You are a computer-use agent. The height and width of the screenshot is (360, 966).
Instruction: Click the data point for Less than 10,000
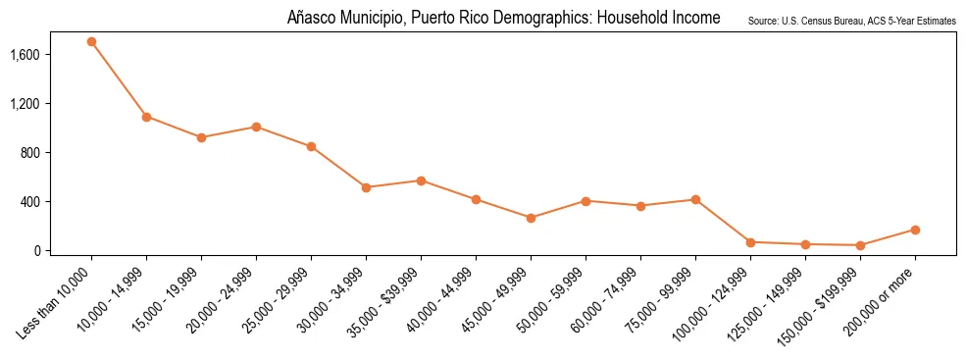click(x=91, y=41)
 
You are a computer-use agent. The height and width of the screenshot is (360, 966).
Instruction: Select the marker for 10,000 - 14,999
click(x=146, y=117)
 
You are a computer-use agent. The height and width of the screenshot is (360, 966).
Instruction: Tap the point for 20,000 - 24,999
click(x=256, y=127)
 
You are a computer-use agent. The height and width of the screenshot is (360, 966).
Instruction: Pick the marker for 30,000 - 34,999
click(x=366, y=187)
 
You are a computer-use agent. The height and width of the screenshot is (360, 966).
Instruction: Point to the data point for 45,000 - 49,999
click(x=531, y=218)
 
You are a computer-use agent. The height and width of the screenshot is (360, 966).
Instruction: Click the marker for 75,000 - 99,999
click(x=695, y=199)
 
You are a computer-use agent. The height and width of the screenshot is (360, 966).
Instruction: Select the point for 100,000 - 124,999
click(x=750, y=242)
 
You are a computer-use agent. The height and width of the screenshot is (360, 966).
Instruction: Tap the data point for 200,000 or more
click(x=915, y=230)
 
